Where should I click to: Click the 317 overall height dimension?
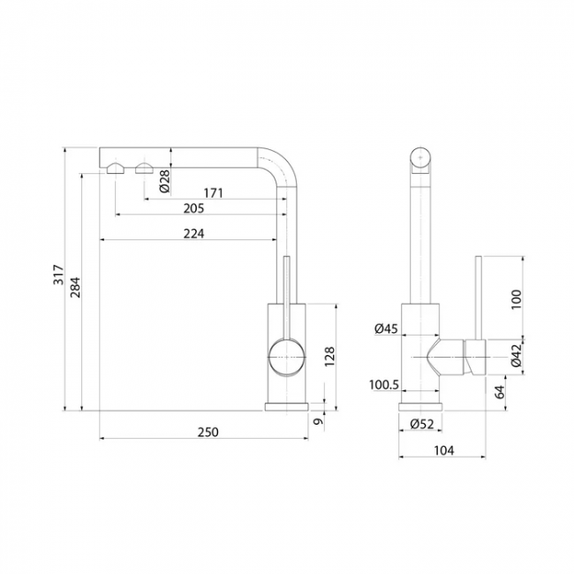coord(58,275)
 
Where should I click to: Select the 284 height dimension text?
coord(75,287)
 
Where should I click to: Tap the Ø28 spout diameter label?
coord(165,181)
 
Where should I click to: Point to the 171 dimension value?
coord(213,193)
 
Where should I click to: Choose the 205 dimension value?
coord(193,208)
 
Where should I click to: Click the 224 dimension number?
coord(193,233)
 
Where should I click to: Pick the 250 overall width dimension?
coord(208,433)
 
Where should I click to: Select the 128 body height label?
coord(329,357)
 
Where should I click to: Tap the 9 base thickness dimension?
coord(319,421)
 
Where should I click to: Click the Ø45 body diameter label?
coord(386,329)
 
